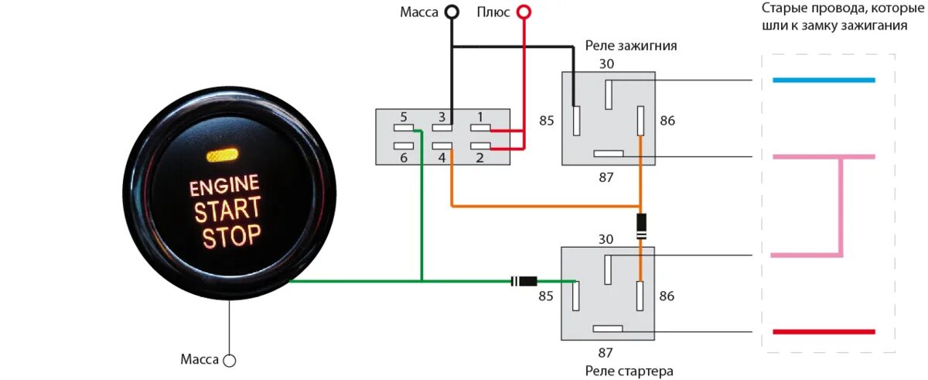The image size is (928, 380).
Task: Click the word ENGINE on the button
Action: [x=224, y=185]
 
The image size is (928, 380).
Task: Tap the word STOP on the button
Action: [x=232, y=235]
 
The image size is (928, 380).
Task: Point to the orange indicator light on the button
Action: [x=223, y=156]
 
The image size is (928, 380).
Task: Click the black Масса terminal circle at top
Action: [x=451, y=12]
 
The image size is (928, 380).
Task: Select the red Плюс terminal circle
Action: [x=524, y=12]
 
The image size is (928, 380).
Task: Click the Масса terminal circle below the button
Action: [x=229, y=360]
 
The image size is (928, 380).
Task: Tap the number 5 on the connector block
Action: [x=404, y=118]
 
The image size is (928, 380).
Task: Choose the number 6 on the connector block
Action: [x=404, y=158]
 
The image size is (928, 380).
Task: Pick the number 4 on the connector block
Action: [x=442, y=158]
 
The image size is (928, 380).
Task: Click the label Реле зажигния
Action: [x=631, y=46]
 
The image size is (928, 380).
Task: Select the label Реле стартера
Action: [x=629, y=371]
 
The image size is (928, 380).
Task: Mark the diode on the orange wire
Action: [x=640, y=225]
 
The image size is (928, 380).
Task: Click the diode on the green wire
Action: [x=525, y=281]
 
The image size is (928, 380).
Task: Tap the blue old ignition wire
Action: [x=824, y=80]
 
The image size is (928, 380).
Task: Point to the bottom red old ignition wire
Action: [x=824, y=332]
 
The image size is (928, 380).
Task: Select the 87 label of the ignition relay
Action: [x=606, y=177]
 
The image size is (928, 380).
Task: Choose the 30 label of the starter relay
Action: [x=606, y=239]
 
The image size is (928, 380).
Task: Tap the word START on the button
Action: [x=227, y=209]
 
